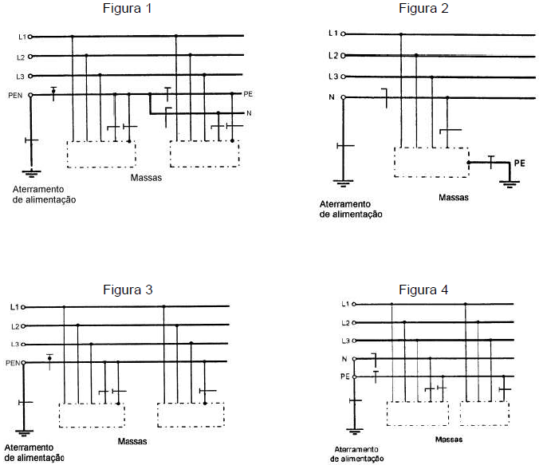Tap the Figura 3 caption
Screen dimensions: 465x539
tap(128, 290)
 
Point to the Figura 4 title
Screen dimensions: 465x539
tap(423, 289)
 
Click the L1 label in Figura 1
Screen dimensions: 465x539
tap(22, 37)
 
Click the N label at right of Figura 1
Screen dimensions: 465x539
tap(249, 114)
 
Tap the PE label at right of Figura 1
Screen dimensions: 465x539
tap(250, 94)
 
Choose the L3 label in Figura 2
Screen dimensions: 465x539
tap(334, 77)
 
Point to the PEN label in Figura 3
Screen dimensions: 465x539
tap(12, 363)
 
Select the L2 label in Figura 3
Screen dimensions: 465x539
tap(14, 325)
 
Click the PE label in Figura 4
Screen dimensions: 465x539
tap(344, 376)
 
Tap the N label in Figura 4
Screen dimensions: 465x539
tap(344, 359)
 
